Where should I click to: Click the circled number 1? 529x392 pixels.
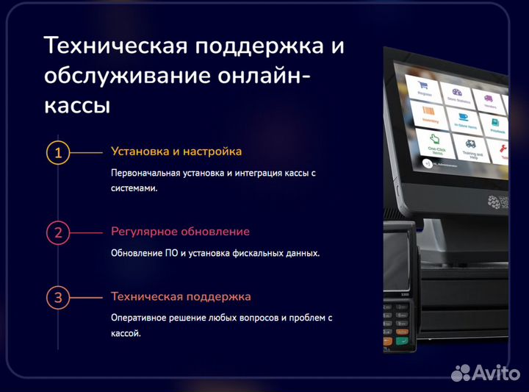[x=58, y=153]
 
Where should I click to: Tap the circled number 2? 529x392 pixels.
[x=58, y=233]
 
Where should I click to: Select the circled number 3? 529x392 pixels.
[x=58, y=299]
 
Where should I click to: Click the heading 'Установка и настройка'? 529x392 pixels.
[x=176, y=152]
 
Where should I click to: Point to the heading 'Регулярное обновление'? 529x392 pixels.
[x=180, y=232]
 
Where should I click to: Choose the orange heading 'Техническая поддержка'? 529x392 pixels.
[x=181, y=297]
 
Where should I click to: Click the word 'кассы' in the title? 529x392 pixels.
[x=78, y=105]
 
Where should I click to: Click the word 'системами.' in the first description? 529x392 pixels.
[x=134, y=188]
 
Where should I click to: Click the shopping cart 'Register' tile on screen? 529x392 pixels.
[x=424, y=85]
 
